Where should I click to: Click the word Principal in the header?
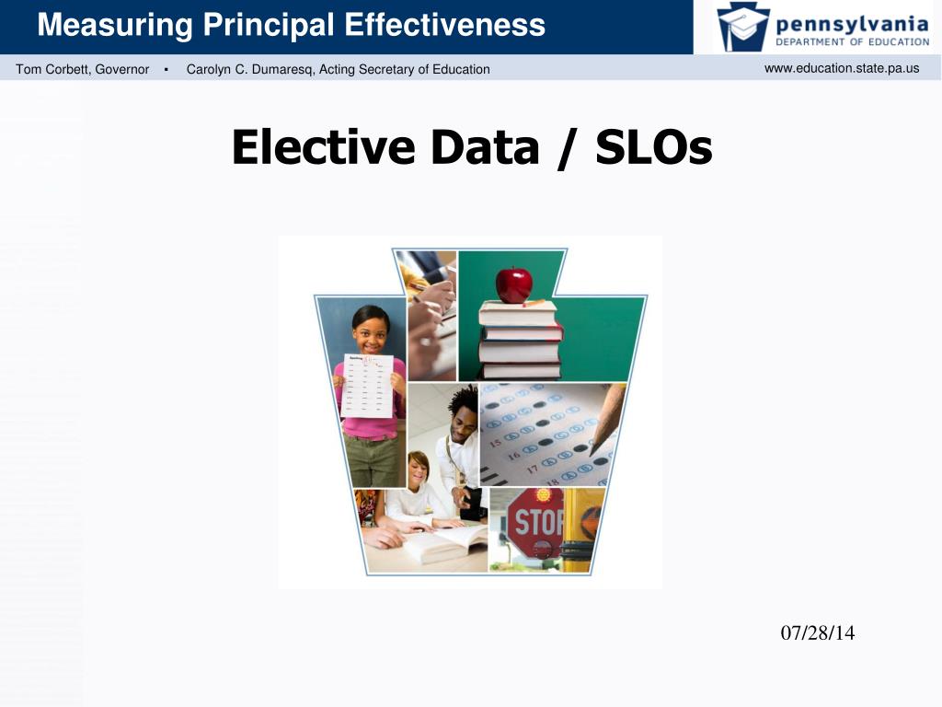click(268, 26)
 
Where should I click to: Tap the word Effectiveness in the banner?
click(444, 25)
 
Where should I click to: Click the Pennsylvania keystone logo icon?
click(742, 27)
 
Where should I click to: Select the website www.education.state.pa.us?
click(842, 68)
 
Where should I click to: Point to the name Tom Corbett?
click(52, 69)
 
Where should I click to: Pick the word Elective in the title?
click(323, 147)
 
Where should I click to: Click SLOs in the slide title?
click(654, 147)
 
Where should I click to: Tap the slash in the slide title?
click(567, 148)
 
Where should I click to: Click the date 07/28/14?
click(817, 633)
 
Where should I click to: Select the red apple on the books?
click(513, 285)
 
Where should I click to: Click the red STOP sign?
click(535, 523)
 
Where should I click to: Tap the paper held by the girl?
click(367, 386)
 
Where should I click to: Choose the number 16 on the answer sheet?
click(514, 456)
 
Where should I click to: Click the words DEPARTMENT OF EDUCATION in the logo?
click(853, 42)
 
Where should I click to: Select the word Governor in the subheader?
click(122, 69)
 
